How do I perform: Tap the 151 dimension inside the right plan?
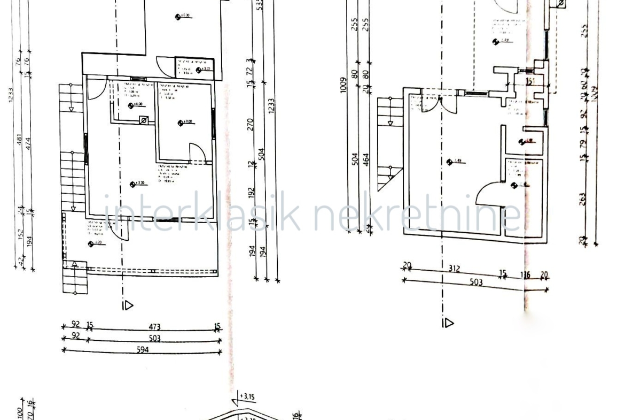(x=532, y=82)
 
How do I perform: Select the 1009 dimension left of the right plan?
(x=343, y=88)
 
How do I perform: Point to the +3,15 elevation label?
(x=246, y=396)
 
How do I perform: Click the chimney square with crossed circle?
(x=144, y=121)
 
